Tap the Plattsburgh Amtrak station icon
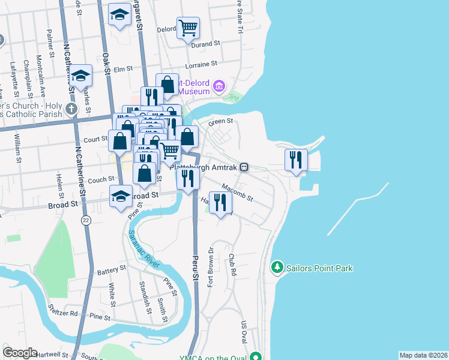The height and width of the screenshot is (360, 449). [244, 167]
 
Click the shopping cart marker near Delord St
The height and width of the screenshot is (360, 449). [188, 28]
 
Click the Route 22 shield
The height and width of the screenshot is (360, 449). [86, 220]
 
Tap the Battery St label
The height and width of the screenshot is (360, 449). [111, 271]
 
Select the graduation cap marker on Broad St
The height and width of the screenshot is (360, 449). [121, 197]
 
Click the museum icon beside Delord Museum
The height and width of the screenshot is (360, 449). [218, 88]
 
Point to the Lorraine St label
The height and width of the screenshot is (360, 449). [202, 64]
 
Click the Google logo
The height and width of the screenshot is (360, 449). [20, 353]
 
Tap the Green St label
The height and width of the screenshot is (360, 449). [220, 122]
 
